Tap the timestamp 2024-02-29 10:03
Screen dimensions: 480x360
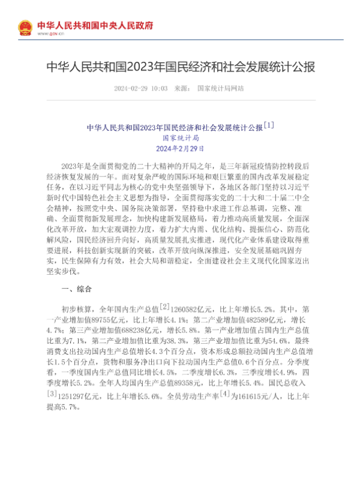[x=140, y=88]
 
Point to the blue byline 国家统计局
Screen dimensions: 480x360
[x=180, y=137]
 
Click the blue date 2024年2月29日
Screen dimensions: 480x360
[x=180, y=148]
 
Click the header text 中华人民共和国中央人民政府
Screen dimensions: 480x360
[x=95, y=25]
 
